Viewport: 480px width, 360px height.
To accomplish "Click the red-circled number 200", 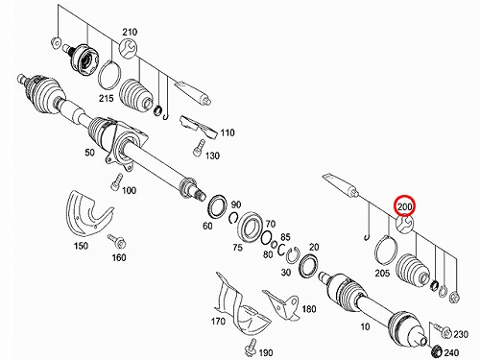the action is click(405, 206).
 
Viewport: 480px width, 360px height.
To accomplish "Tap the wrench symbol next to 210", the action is click(128, 49).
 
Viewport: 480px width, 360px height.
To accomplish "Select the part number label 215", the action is click(106, 98).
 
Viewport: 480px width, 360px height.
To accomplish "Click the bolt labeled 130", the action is click(199, 147).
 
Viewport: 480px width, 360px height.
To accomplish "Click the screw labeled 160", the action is click(117, 242).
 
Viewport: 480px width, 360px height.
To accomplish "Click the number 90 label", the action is click(236, 204).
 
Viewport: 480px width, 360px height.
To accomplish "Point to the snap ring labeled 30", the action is click(292, 255).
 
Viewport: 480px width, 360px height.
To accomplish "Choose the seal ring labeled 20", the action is click(309, 265).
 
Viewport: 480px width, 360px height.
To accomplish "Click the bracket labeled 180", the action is click(283, 304).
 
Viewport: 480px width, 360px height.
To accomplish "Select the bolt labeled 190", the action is click(251, 347).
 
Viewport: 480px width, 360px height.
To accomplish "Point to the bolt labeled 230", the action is click(444, 331).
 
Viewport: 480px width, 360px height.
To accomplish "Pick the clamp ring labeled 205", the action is click(386, 251).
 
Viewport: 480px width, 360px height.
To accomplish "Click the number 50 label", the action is click(89, 152).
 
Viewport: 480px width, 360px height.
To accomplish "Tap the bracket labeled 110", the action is click(200, 128).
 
